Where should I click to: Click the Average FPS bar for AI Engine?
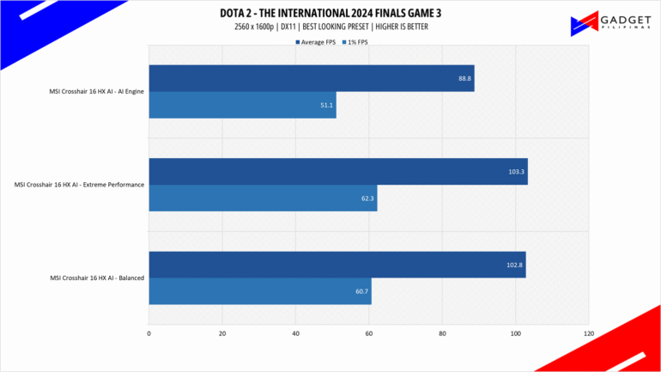coord(311,78)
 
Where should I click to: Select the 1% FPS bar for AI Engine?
coord(242,105)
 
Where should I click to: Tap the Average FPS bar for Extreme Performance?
coord(337,171)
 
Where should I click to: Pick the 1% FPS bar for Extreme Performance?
coord(263,198)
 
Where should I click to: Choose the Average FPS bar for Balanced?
coord(337,265)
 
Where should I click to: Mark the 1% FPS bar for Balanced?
coord(260,291)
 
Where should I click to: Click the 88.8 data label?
coord(464,78)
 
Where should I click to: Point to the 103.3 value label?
coord(517,172)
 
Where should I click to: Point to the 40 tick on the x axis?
coord(295,332)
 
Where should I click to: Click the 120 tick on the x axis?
coord(588,332)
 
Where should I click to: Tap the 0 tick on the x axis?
coord(149,332)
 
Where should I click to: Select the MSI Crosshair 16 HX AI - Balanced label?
coord(96,277)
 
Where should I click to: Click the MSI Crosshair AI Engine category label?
coord(95,91)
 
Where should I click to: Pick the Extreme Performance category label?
coord(78,185)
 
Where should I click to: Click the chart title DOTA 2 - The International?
coord(330,12)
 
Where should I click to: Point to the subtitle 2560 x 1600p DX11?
coord(330,27)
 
